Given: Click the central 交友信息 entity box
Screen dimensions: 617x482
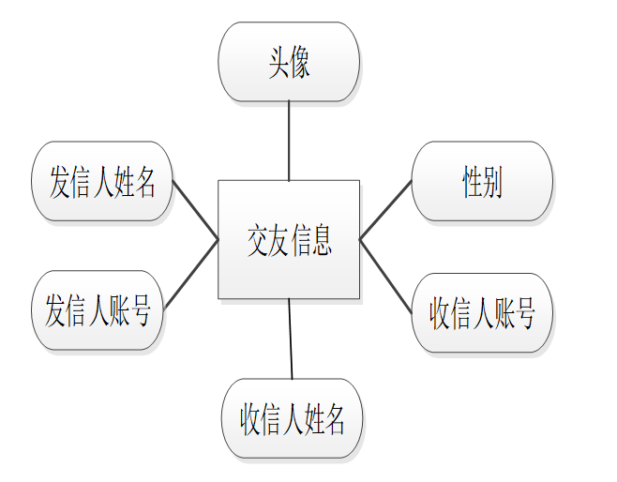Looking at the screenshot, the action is pos(289,240).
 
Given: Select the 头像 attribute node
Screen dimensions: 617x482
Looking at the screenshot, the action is pos(289,62).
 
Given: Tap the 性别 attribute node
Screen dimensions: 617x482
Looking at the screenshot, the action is pos(482,182).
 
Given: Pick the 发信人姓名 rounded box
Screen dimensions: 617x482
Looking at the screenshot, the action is pos(102,182).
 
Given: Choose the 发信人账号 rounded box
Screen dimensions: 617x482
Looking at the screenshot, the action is pos(98,310).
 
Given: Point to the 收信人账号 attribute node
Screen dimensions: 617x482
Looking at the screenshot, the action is pos(482,312).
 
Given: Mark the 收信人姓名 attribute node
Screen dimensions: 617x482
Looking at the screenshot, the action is pos(292,418).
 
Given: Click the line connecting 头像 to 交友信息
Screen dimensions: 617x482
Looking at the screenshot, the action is pos(289,141).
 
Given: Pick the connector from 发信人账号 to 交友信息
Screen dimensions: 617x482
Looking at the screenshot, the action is pos(191,274).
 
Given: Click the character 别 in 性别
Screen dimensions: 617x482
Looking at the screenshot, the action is pos(493,183).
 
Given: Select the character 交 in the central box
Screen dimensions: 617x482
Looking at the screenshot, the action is pos(258,241).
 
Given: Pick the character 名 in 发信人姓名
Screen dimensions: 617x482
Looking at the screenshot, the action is pos(143,183).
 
